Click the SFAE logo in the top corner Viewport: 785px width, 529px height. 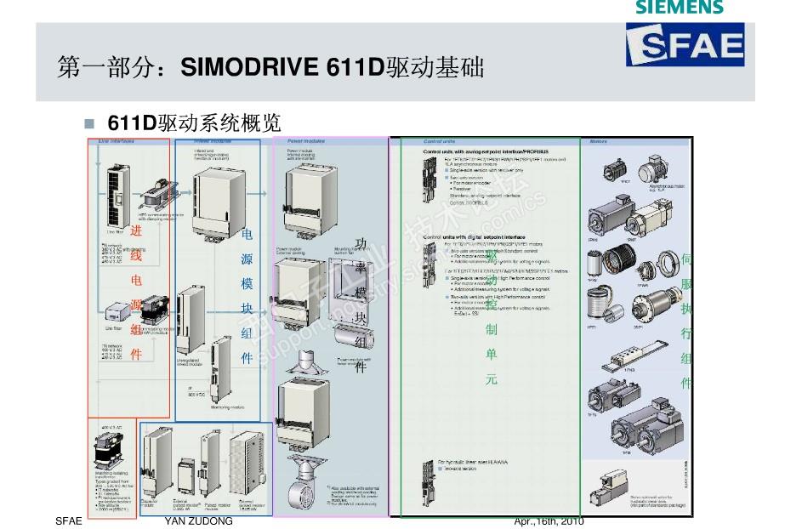click(x=685, y=44)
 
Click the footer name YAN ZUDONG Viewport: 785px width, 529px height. click(x=198, y=520)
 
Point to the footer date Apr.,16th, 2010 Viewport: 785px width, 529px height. click(x=549, y=520)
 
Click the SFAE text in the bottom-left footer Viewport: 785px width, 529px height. click(x=66, y=520)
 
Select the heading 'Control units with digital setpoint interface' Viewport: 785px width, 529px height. click(x=474, y=236)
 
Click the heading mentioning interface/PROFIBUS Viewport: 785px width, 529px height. click(x=485, y=151)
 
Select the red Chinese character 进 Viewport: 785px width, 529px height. click(x=136, y=231)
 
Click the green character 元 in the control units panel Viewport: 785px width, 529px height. click(x=491, y=379)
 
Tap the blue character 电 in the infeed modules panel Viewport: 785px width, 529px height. click(x=247, y=234)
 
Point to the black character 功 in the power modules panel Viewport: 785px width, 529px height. click(x=361, y=244)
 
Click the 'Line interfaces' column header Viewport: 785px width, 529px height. click(x=117, y=141)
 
